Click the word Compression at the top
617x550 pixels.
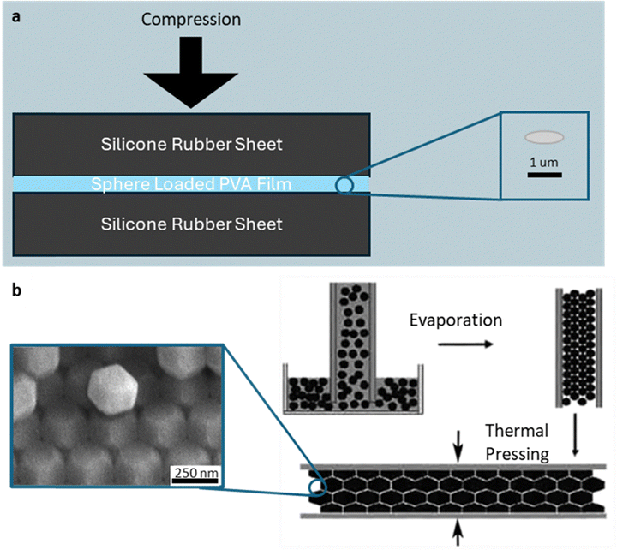pos(192,18)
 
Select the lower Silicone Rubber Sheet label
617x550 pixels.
pos(192,224)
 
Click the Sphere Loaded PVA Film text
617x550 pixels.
pos(190,184)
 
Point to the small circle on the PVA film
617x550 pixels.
pos(344,185)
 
